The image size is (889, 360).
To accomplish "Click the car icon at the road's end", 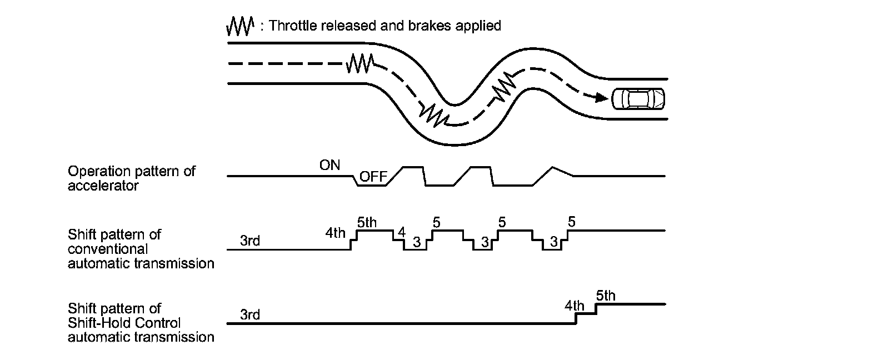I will [637, 99].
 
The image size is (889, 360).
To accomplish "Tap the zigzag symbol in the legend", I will [240, 25].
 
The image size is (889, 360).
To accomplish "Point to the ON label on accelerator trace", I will [329, 164].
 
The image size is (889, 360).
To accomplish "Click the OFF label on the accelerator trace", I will [373, 177].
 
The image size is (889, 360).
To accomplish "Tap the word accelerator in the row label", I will [103, 186].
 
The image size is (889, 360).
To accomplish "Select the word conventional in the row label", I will [108, 248].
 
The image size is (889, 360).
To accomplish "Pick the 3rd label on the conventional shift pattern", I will [250, 241].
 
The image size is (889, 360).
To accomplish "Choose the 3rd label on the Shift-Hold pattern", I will [250, 314].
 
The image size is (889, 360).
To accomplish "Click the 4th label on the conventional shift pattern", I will [336, 233].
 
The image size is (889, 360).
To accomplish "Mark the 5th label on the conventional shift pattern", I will [367, 223].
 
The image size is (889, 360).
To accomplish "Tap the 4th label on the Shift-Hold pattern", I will [575, 305].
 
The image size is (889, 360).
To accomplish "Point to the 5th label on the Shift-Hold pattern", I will [606, 296].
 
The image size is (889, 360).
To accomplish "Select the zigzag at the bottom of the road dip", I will [433, 114].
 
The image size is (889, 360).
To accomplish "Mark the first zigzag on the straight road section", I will [360, 63].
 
